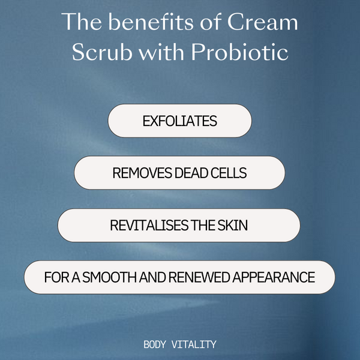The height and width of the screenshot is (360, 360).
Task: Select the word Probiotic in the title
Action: [238, 52]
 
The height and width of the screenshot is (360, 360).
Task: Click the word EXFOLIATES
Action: [179, 121]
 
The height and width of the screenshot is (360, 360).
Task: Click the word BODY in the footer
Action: [157, 345]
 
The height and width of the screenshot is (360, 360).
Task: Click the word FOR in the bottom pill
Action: [55, 278]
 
